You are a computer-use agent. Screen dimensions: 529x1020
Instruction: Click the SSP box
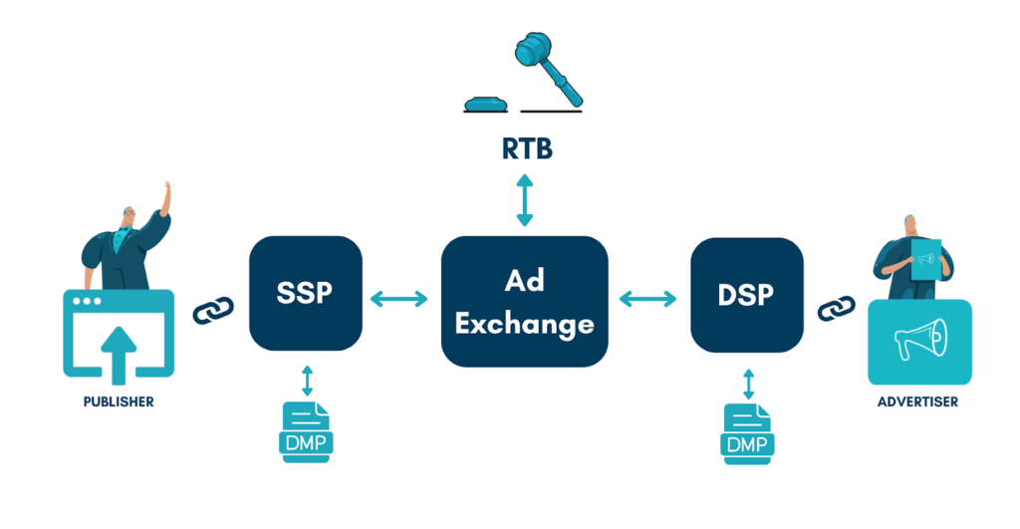pos(306,294)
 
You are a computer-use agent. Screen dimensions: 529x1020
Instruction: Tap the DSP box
pos(747,295)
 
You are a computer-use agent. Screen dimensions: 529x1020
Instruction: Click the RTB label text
pos(526,149)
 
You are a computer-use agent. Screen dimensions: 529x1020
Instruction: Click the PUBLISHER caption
pos(119,401)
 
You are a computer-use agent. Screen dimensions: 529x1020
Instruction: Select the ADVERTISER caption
pos(917,401)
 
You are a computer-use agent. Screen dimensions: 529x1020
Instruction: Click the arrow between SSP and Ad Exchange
pos(400,297)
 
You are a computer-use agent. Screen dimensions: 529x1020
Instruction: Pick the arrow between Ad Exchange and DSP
pos(647,297)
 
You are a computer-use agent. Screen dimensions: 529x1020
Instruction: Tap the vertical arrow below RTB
pos(525,202)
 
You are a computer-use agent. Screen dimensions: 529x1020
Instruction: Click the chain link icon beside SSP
pos(211,310)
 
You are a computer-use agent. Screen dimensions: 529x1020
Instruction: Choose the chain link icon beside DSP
pos(836,308)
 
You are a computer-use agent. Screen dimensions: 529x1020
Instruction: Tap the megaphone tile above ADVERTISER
pos(919,342)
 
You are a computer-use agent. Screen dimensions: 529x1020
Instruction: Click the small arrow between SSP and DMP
pos(307,380)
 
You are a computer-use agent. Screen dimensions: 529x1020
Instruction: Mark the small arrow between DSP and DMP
pos(747,382)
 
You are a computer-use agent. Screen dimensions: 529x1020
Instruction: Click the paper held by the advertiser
pos(926,257)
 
